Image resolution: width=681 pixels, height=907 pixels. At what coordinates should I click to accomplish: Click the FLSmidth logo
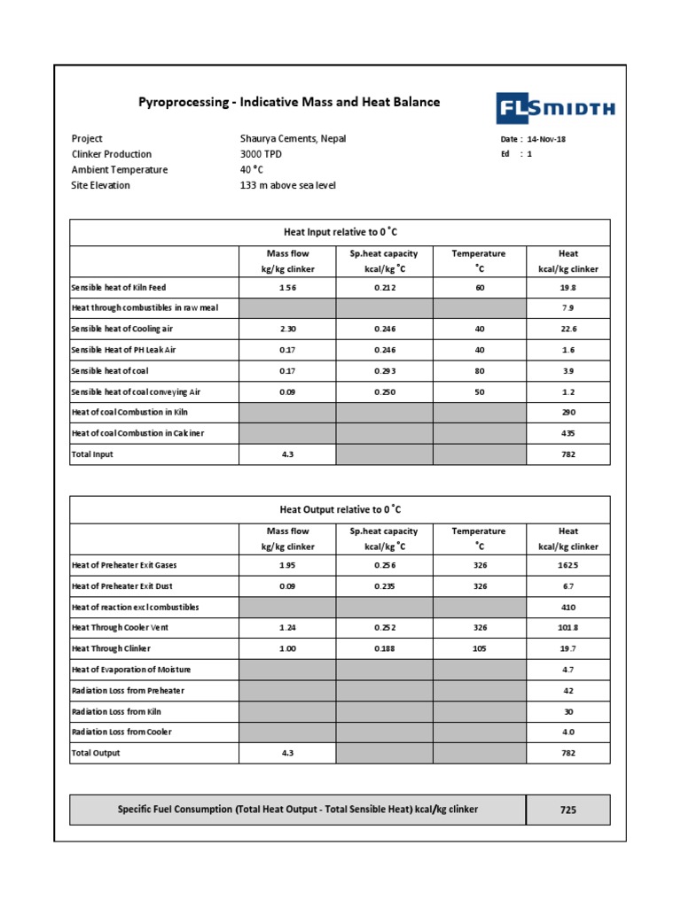[554, 110]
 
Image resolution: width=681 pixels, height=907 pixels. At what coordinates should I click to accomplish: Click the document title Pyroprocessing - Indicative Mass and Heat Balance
[289, 102]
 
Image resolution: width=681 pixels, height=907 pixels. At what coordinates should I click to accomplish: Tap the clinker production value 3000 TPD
[261, 154]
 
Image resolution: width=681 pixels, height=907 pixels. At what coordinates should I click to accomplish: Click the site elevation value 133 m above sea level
[287, 185]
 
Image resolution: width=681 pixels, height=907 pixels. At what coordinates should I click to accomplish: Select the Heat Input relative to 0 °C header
[340, 231]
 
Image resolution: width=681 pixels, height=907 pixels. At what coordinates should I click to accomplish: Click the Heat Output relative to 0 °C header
[340, 509]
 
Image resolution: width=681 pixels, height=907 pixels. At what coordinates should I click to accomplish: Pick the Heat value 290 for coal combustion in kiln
[568, 413]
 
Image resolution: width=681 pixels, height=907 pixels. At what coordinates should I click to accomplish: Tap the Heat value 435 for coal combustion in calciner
[568, 433]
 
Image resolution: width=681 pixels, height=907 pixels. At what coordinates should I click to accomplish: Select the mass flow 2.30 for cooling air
[287, 329]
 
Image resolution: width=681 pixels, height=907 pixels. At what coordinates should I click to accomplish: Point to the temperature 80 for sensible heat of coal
[479, 370]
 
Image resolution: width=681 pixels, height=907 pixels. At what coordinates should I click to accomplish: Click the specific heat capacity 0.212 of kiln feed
[385, 288]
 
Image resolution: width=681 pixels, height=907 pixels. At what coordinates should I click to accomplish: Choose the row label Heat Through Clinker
[111, 648]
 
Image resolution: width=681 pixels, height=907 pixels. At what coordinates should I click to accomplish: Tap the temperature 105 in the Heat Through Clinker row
[479, 648]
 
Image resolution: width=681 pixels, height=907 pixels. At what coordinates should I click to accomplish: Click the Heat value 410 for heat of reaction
[568, 608]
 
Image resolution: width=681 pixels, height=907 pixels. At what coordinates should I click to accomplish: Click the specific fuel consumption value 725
[568, 810]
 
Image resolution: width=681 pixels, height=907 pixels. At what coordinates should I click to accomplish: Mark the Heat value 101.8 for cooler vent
[568, 628]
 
